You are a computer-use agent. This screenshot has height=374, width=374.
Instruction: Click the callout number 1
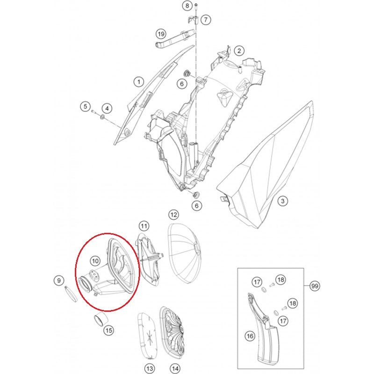coord(138,82)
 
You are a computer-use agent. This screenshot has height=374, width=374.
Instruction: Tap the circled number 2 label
coord(239,50)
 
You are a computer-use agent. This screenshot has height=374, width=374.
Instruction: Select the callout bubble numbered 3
coord(283,201)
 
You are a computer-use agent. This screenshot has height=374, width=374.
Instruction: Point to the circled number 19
coord(161,34)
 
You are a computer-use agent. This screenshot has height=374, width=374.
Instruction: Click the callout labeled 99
coord(315,286)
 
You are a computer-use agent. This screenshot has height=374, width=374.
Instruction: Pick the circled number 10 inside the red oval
coord(95,261)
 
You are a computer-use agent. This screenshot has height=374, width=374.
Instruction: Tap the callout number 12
coord(173,215)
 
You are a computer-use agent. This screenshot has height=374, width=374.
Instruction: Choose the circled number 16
coord(250,336)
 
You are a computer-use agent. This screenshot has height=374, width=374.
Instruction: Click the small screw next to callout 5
coord(93,111)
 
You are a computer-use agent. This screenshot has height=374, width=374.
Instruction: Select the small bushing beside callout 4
coord(102,117)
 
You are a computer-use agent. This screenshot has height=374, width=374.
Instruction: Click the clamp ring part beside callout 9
coord(71,294)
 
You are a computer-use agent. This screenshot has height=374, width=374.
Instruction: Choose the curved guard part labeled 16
coord(262,327)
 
